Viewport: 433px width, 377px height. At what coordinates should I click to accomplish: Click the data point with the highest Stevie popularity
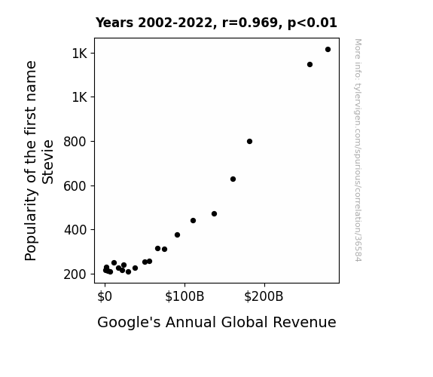click(x=328, y=50)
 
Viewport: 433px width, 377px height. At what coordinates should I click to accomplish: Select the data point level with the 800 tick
click(x=249, y=141)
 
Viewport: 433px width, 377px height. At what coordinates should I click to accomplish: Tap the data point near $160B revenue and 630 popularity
click(x=233, y=179)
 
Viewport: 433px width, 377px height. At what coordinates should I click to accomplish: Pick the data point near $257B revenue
click(x=310, y=64)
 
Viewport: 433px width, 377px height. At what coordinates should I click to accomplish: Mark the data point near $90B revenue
click(x=177, y=234)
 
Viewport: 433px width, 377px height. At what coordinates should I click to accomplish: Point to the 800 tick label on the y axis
click(x=75, y=142)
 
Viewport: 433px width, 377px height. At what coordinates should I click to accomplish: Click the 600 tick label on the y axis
click(x=75, y=186)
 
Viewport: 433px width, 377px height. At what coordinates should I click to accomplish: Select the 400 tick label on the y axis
click(x=75, y=230)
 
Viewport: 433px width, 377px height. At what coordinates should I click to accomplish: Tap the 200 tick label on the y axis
click(x=75, y=274)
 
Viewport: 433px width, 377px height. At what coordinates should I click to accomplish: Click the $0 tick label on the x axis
click(x=105, y=296)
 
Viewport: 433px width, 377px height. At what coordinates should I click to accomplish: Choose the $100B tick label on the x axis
click(x=184, y=296)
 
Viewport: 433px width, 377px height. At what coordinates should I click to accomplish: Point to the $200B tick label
click(x=264, y=296)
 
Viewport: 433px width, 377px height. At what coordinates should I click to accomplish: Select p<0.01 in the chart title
click(x=313, y=23)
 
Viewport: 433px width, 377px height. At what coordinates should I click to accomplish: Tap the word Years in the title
click(x=114, y=23)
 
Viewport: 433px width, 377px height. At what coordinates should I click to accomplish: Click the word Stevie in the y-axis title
click(x=47, y=162)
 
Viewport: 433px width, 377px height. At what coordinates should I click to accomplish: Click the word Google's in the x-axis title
click(x=129, y=323)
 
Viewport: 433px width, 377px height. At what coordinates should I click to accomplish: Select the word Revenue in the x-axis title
click(x=304, y=322)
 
